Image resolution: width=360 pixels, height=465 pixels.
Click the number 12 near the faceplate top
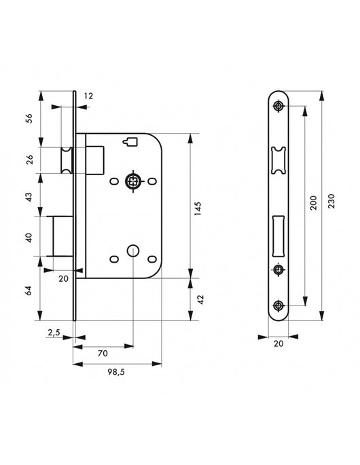pos(90,96)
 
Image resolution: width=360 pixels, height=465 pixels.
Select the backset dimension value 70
pos(103,353)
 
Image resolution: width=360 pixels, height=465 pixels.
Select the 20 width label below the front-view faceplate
pos(279,344)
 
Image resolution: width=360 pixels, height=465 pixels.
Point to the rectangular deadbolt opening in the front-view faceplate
pos(278,234)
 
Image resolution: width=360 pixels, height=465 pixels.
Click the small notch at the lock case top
pos(132,141)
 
